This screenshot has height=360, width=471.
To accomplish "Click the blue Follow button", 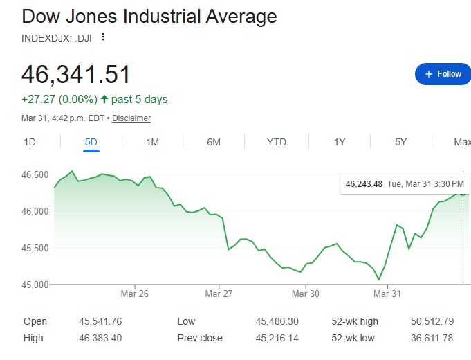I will [443, 74].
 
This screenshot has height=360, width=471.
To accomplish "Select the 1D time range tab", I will [30, 142].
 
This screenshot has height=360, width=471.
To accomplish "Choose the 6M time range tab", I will [214, 142].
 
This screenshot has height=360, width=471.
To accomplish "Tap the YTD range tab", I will [277, 142].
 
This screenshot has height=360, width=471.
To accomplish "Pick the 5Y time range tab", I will [401, 142].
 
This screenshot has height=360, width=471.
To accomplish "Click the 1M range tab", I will [153, 142].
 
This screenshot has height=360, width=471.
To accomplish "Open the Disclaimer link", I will [131, 118].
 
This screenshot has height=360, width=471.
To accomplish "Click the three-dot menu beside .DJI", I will [104, 37].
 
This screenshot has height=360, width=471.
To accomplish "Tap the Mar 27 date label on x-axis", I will [219, 294].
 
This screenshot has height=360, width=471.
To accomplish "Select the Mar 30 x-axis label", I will [306, 294].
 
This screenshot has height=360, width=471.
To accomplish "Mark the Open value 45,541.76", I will [101, 321].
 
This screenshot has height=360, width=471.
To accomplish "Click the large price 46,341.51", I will [76, 75].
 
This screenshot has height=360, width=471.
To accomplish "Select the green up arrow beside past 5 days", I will [105, 100].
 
